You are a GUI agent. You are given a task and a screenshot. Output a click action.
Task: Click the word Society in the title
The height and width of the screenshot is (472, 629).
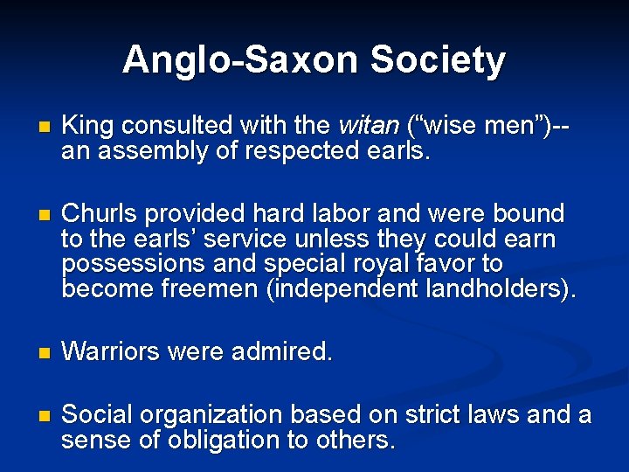click(x=438, y=60)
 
